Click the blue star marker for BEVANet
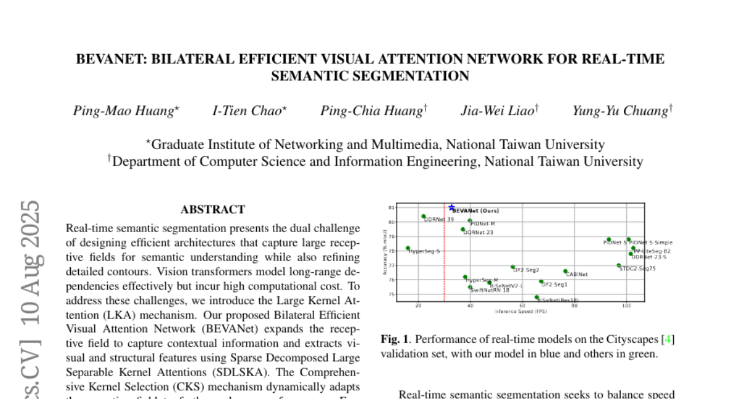[452, 208]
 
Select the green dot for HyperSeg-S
[408, 248]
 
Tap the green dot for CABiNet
[565, 271]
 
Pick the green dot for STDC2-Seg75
[619, 265]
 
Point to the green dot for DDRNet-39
[424, 216]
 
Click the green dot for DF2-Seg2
[512, 267]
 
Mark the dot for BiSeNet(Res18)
[537, 297]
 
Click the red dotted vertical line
[445, 259]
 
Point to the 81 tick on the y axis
[390, 208]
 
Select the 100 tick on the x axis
[626, 306]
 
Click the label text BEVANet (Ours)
[476, 211]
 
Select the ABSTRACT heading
[212, 209]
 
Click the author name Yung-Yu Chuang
[620, 111]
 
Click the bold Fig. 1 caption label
[392, 339]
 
